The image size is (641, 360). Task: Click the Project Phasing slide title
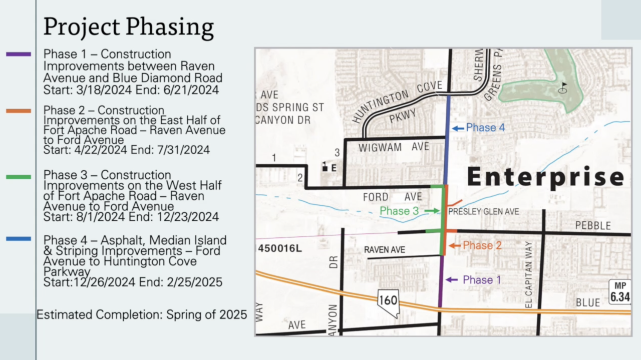point(128,27)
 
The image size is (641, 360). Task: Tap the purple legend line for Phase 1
point(19,54)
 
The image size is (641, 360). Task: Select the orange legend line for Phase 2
point(19,111)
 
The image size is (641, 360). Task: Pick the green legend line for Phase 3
point(19,176)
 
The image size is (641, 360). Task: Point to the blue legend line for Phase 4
point(19,239)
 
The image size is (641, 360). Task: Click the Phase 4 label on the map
point(485,128)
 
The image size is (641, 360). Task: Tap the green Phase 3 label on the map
point(399,211)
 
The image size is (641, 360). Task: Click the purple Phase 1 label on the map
point(482,280)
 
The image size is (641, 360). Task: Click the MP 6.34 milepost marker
point(619,292)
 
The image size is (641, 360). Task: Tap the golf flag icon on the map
point(563,88)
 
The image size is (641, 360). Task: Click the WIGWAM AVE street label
point(394,147)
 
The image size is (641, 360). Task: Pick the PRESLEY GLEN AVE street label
point(483,212)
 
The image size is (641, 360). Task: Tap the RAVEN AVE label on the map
point(385,249)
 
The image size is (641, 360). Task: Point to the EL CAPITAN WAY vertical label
point(529,274)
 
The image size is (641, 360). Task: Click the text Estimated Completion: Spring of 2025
point(142,314)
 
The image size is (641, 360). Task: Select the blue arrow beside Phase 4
point(458,128)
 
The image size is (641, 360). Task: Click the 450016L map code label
point(280,248)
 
